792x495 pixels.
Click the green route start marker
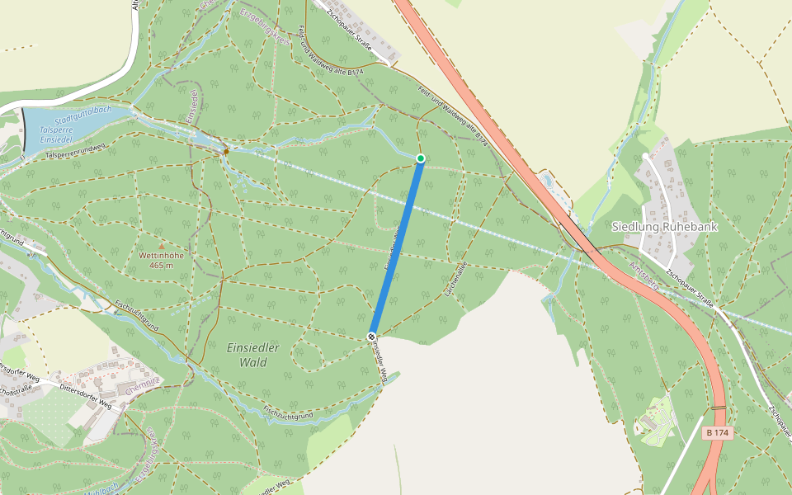(x=420, y=158)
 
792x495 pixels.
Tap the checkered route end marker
(x=372, y=337)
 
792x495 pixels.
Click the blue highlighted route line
(x=396, y=247)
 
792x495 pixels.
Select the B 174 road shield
(x=718, y=432)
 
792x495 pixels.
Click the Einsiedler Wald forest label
(x=253, y=355)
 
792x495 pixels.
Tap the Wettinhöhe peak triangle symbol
(x=161, y=246)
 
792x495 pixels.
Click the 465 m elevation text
(x=161, y=265)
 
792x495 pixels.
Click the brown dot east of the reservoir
(x=226, y=151)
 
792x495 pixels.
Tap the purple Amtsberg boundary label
(x=643, y=271)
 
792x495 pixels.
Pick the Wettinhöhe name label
(x=161, y=256)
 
